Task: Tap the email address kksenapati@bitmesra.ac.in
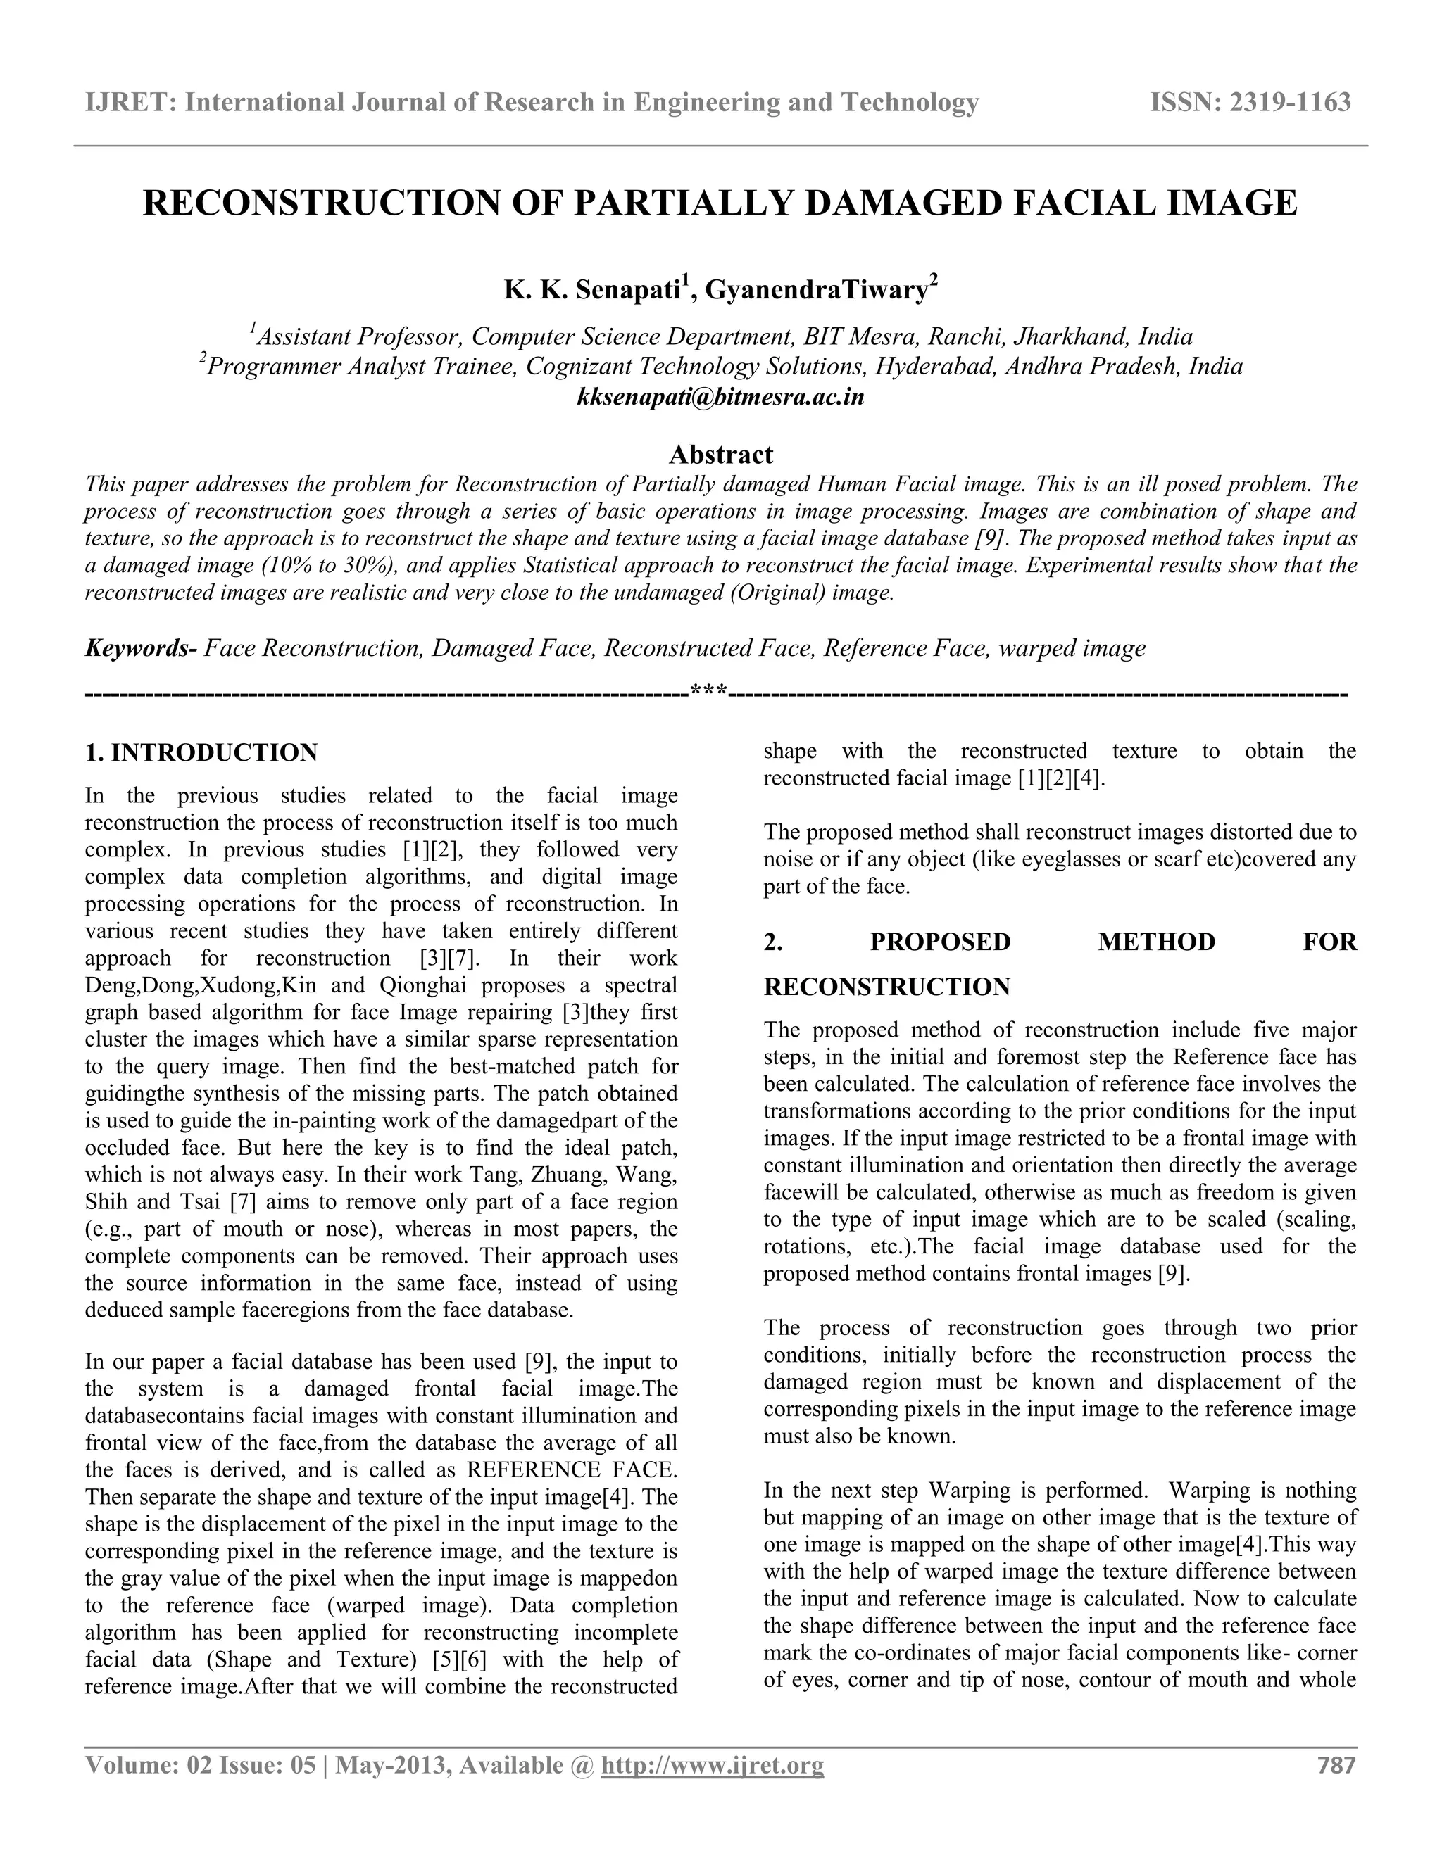[721, 397]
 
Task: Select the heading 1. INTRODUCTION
[201, 752]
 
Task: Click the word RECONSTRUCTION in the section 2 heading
[886, 987]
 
